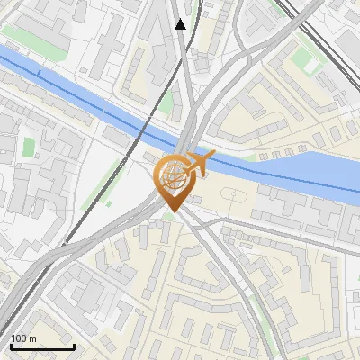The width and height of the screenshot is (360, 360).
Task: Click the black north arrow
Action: click(x=181, y=24)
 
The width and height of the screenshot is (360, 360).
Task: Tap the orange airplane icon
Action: click(x=197, y=165)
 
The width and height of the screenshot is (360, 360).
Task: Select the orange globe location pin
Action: click(x=174, y=181)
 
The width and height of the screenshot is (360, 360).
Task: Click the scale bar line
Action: click(x=42, y=347)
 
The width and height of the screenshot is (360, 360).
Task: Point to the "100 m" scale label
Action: click(x=24, y=338)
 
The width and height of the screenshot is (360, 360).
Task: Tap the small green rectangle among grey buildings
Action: click(x=29, y=147)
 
